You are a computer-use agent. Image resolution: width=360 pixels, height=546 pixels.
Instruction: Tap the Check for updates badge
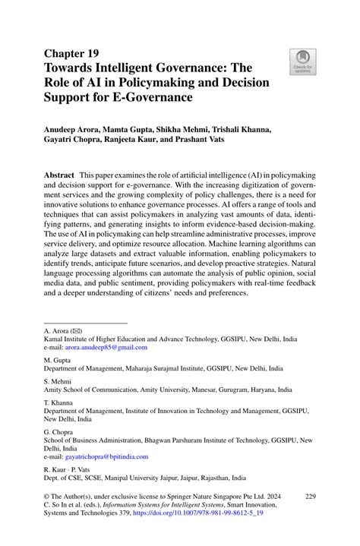(303, 62)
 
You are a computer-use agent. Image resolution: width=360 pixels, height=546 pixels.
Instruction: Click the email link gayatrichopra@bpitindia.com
(106, 456)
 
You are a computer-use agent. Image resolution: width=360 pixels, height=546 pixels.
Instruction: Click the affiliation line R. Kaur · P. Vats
(67, 470)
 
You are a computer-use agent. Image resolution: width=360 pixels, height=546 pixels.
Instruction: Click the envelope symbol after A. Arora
(75, 331)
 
